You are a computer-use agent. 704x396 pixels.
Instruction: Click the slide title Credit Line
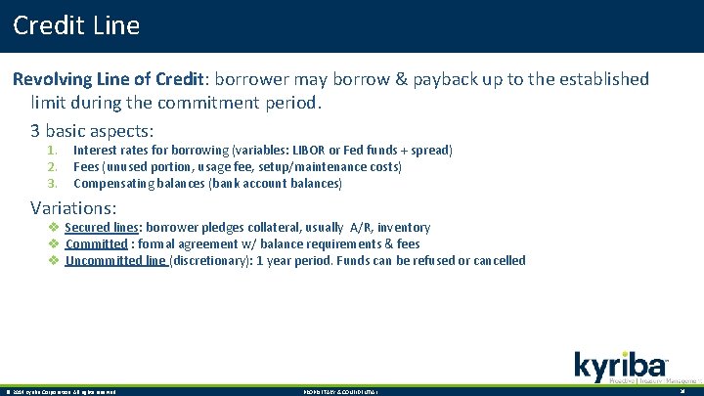[x=76, y=25]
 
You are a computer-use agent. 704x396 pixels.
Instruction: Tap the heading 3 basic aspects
[x=93, y=129]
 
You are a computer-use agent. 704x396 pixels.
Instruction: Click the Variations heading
[x=73, y=207]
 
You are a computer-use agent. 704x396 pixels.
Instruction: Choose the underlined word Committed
[x=96, y=244]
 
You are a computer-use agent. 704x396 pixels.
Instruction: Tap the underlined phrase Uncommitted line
[x=115, y=261]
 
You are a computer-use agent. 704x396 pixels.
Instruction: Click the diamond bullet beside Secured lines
[x=55, y=228]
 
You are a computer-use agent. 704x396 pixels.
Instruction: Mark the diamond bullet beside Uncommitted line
[x=55, y=261]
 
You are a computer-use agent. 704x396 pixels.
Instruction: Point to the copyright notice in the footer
[x=61, y=391]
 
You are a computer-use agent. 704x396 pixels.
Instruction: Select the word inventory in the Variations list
[x=403, y=228]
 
